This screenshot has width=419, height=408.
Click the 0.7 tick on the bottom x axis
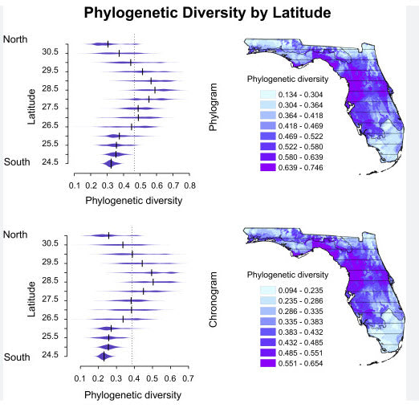pos(189,377)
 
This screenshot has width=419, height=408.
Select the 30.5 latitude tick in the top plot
pos(50,52)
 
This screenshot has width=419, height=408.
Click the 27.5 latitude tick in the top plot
pos(50,107)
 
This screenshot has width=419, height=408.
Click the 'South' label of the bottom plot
pos(17,356)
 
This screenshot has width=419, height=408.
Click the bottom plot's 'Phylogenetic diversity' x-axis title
pos(132,394)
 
